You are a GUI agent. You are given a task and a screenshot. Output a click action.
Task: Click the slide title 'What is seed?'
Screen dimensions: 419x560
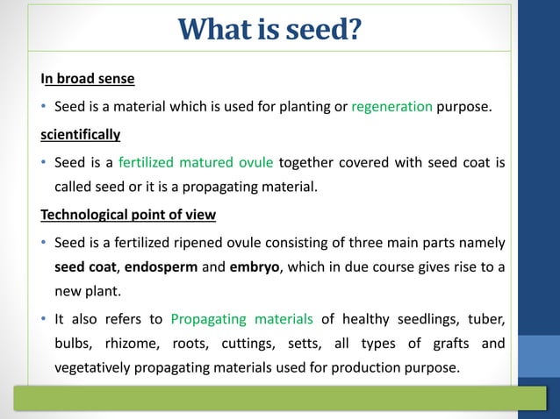[x=269, y=29]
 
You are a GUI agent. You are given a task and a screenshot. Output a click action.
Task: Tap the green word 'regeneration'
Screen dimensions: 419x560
[x=391, y=107]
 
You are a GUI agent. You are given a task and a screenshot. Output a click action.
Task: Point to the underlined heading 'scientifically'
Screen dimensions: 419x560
[x=80, y=135]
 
